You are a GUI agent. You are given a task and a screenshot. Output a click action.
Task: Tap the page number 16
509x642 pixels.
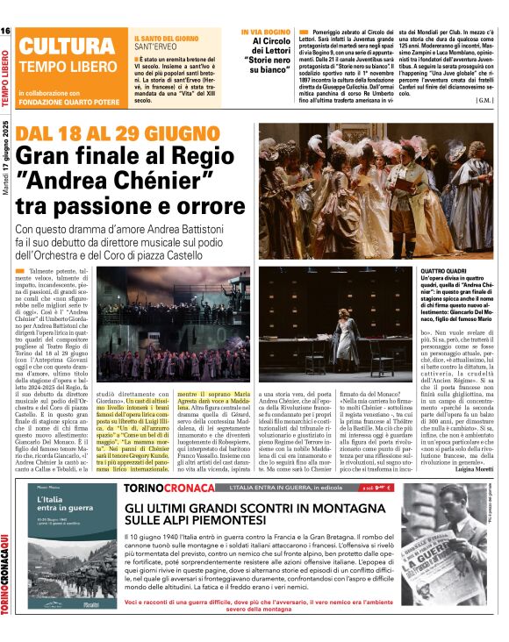[x=5, y=32]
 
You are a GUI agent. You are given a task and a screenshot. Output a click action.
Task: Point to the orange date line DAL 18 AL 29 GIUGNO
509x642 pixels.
[x=107, y=134]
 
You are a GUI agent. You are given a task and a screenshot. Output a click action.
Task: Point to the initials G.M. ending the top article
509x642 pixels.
[x=487, y=100]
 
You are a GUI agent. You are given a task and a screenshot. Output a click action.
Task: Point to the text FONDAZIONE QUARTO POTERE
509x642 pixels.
[x=71, y=94]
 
